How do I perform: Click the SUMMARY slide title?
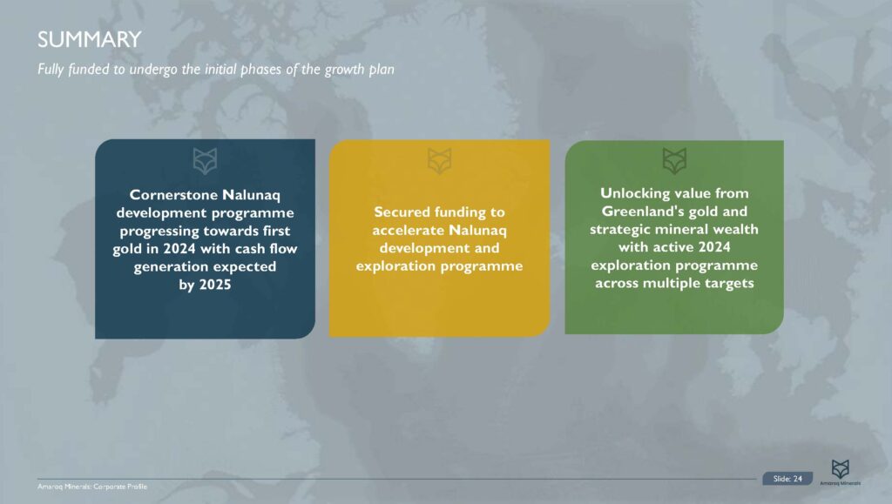[90, 39]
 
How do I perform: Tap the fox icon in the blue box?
[206, 160]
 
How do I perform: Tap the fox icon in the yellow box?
[440, 160]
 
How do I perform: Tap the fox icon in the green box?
[674, 159]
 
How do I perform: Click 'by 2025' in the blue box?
[205, 285]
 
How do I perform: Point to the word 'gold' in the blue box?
[146, 248]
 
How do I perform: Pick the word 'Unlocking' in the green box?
[636, 192]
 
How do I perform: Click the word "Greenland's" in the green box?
[640, 211]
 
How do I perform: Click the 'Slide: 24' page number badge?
[787, 479]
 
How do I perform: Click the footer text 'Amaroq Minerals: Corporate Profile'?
[86, 485]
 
